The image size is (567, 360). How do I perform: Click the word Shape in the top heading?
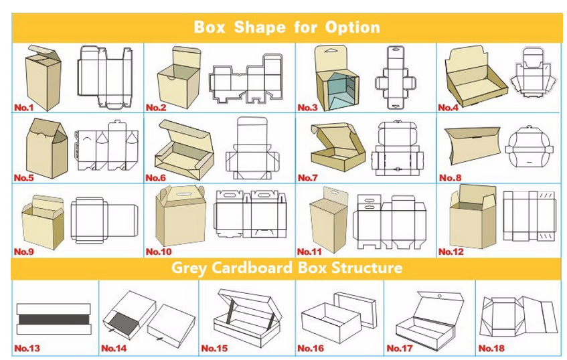260,27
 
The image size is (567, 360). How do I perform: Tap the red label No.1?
23,107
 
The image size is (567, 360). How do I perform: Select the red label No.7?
307,178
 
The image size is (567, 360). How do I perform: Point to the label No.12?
451,252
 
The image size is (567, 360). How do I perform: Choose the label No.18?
491,348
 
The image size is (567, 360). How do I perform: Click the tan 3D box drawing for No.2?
179,78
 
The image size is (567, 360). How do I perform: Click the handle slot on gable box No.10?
179,194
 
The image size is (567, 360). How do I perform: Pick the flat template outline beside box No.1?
105,77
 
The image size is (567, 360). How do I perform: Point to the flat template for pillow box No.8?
529,147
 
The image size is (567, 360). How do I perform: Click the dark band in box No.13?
54,319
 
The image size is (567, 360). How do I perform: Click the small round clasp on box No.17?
439,296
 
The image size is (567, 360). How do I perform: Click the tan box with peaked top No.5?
47,148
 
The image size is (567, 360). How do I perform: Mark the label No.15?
214,349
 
